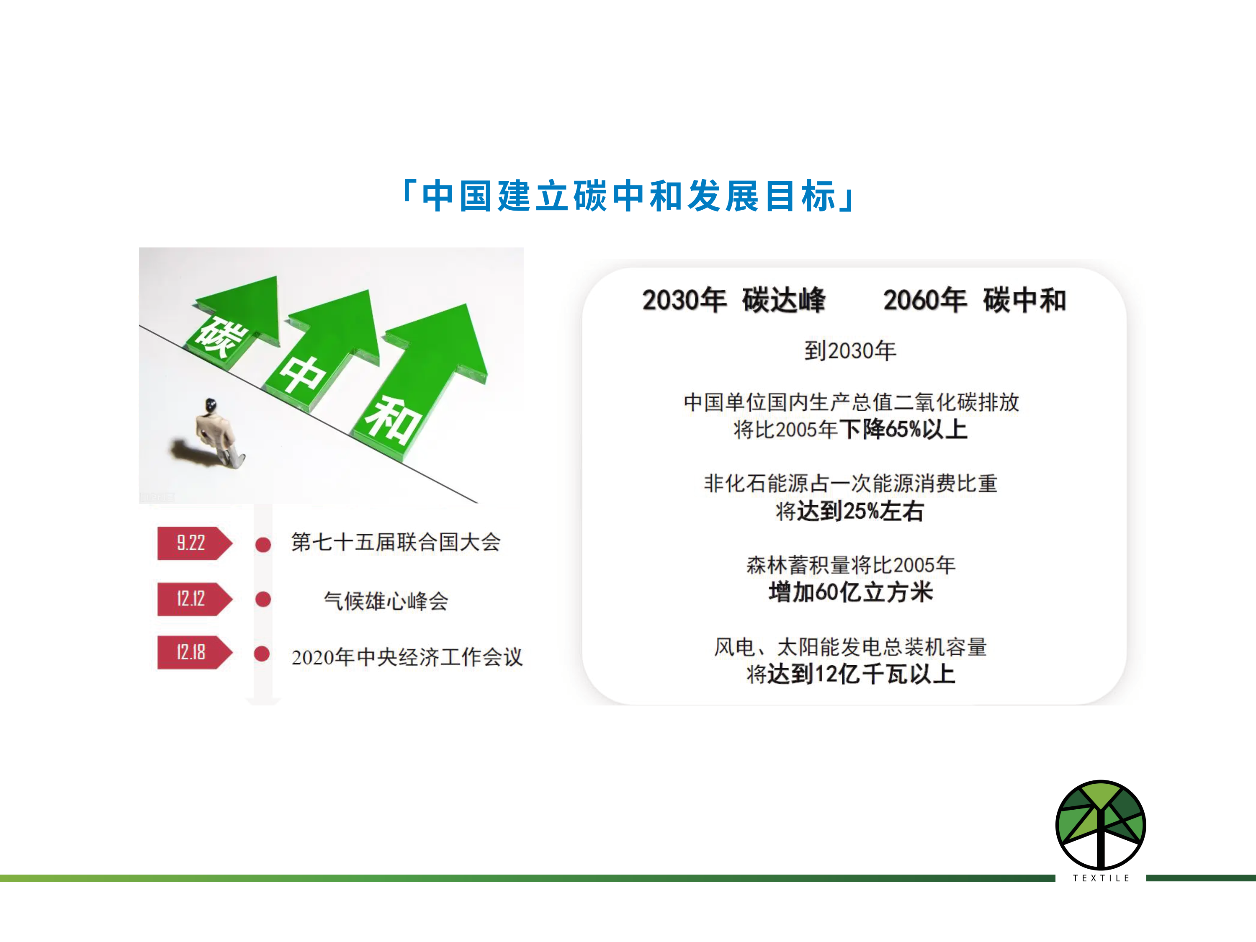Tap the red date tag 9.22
195,543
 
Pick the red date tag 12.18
195,652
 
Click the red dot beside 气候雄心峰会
263,599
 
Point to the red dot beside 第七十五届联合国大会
263,545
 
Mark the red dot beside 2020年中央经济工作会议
262,654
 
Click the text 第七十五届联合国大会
396,542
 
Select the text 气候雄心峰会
386,601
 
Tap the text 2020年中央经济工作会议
407,657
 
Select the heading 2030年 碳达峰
734,300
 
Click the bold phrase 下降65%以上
903,429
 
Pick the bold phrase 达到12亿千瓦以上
861,674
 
